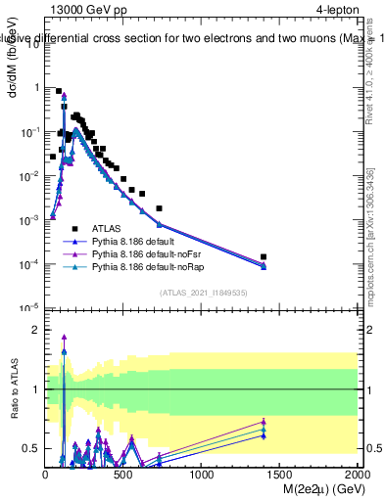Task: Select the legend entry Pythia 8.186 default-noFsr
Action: (140, 252)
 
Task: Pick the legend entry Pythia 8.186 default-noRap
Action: (141, 265)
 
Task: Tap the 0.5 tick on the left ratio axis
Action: (31, 448)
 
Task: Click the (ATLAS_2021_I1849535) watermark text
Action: (201, 292)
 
